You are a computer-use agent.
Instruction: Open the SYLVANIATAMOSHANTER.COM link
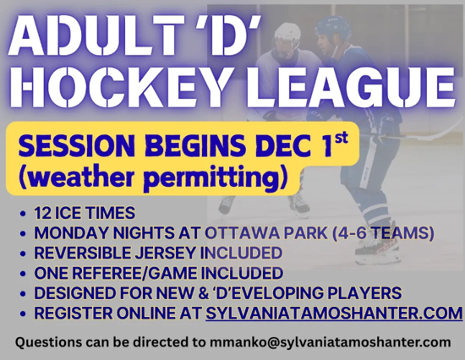point(334,314)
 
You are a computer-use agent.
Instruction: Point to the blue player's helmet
point(331,30)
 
